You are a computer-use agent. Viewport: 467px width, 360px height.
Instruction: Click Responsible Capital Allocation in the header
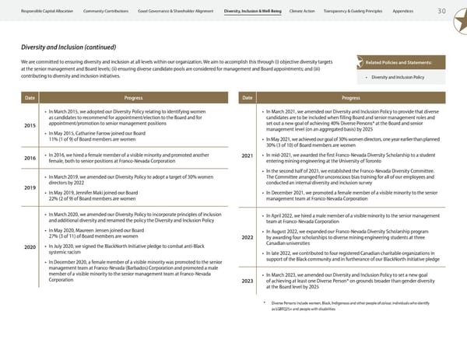42,11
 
